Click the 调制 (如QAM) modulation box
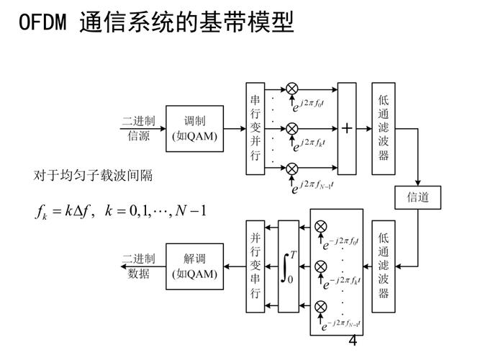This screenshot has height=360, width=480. [194, 129]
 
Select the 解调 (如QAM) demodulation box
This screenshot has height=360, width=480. [194, 266]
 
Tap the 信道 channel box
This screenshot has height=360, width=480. [417, 197]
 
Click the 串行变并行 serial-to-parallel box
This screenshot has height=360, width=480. [255, 129]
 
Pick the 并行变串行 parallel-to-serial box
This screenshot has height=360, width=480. [255, 266]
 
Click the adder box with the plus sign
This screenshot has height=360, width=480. [347, 129]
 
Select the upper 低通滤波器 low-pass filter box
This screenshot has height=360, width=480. [384, 129]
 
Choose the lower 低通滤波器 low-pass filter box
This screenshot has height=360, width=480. [384, 266]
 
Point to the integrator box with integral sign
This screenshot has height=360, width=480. [288, 266]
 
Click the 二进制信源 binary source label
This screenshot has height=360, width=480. [138, 129]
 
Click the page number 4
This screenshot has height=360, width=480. [353, 341]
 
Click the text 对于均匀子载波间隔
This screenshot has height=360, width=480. [94, 175]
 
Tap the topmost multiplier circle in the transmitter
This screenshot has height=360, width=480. [292, 89]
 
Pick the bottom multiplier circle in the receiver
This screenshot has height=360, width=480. [321, 307]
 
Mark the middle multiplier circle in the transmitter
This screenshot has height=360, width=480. [292, 128]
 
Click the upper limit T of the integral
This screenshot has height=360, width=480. [293, 254]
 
